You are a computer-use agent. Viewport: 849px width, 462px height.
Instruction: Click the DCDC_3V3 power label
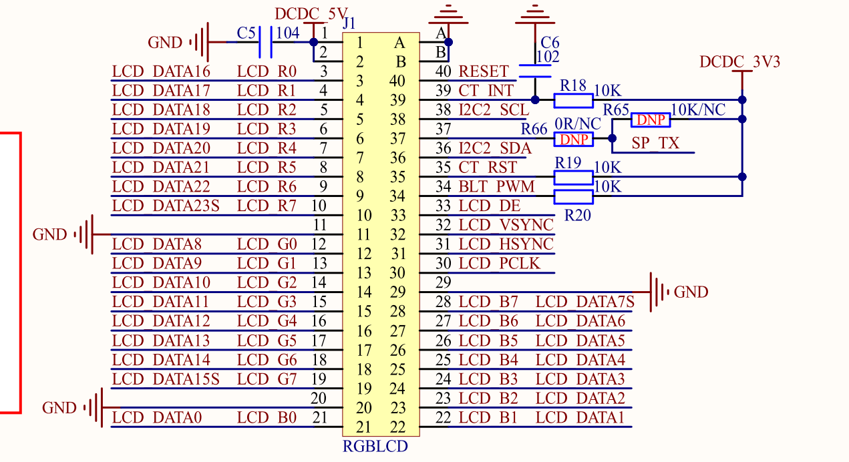[x=739, y=62]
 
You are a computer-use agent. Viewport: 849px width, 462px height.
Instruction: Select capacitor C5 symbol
[x=265, y=42]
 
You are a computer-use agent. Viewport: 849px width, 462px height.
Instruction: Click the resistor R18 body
[x=573, y=100]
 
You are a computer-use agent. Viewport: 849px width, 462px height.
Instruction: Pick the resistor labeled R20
[x=573, y=196]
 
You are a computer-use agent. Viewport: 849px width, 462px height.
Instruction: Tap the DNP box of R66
[x=573, y=139]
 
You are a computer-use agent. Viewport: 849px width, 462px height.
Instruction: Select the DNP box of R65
[x=651, y=120]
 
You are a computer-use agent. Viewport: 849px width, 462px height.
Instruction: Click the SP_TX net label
[x=655, y=144]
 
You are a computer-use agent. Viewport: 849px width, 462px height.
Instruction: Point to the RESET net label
[x=484, y=71]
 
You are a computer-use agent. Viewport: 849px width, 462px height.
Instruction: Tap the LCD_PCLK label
[x=498, y=263]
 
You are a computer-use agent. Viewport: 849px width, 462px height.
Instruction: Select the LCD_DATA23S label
[x=166, y=206]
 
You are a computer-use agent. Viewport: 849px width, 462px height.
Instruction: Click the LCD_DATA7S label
[x=584, y=302]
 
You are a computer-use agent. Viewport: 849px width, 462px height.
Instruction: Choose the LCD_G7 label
[x=267, y=379]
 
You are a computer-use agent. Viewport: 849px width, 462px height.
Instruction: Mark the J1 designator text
[x=349, y=23]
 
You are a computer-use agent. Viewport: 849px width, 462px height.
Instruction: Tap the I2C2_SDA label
[x=495, y=148]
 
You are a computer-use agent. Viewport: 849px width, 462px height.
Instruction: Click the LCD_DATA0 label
[x=156, y=417]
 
